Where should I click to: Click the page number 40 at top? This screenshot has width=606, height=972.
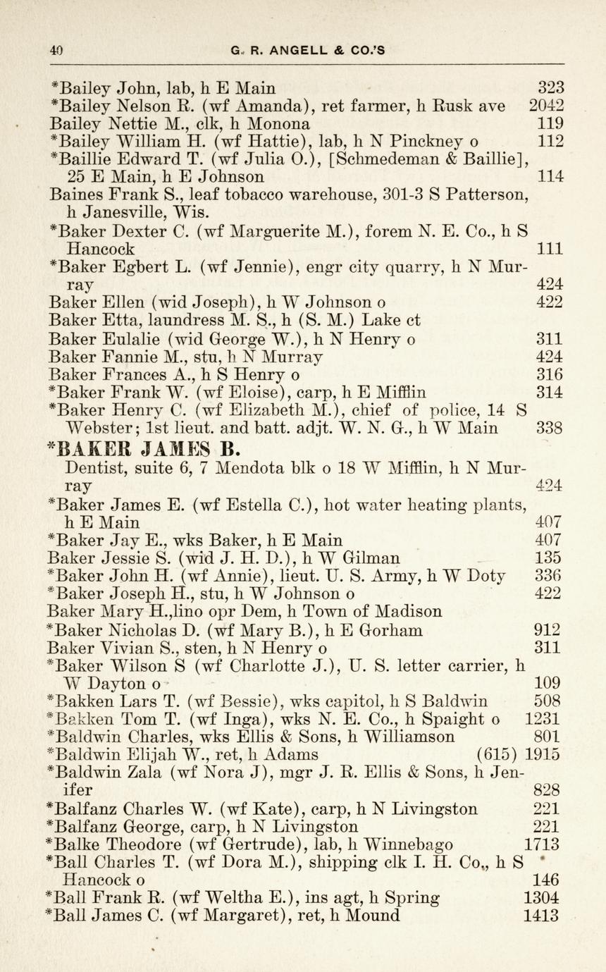tap(56, 50)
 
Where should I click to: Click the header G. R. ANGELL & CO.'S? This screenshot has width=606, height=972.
tap(307, 50)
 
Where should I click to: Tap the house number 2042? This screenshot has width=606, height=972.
tap(546, 107)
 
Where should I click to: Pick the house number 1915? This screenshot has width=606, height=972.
tap(543, 754)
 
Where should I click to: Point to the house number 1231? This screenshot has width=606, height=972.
tap(543, 719)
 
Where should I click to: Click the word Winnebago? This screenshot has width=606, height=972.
tap(412, 844)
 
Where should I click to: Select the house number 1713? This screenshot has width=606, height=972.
tap(543, 844)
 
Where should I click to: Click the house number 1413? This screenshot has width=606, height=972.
tap(543, 916)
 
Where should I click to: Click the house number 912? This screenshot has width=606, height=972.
tap(548, 629)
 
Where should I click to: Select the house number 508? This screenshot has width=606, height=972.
tap(548, 701)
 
